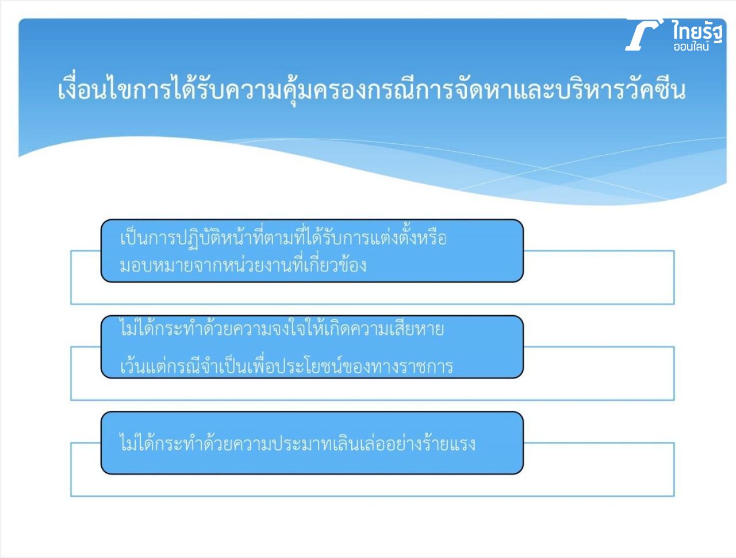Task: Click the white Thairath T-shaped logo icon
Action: click(642, 35)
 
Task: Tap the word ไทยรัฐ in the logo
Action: click(697, 32)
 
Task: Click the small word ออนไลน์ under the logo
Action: click(691, 47)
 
